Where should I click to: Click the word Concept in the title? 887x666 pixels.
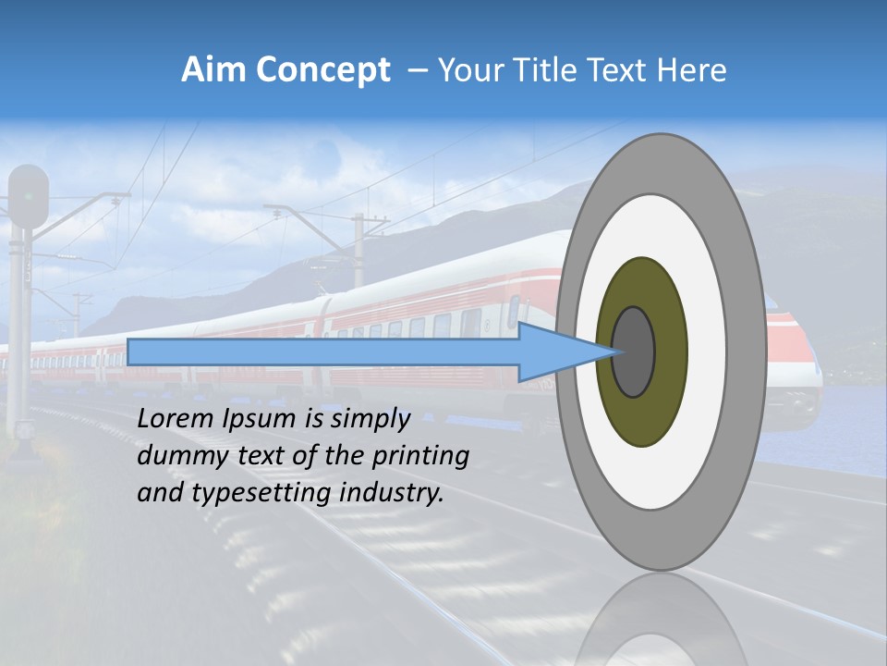tap(322, 70)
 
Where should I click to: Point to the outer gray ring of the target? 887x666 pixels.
tap(750, 351)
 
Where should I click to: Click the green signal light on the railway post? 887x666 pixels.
tap(29, 195)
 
